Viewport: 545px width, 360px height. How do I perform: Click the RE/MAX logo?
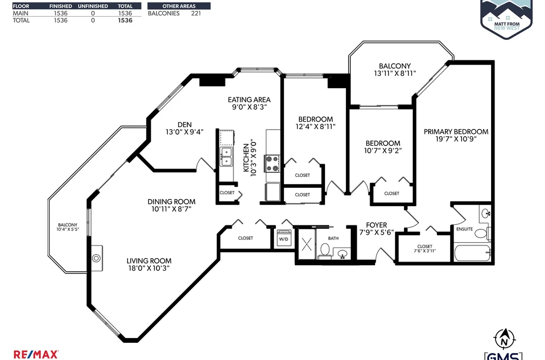pyautogui.click(x=36, y=355)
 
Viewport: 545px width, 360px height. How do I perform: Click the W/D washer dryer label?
pyautogui.click(x=284, y=239)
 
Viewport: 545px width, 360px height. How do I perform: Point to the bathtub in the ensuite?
pyautogui.click(x=473, y=253)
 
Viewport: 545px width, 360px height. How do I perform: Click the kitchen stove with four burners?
pyautogui.click(x=272, y=164)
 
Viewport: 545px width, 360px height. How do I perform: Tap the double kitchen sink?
pyautogui.click(x=226, y=157)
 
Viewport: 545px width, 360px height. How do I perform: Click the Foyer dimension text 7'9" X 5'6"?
pyautogui.click(x=377, y=232)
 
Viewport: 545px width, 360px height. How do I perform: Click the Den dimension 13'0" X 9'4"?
pyautogui.click(x=185, y=132)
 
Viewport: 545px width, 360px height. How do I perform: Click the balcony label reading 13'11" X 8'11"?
pyautogui.click(x=395, y=73)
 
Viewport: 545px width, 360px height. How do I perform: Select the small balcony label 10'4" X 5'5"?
pyautogui.click(x=68, y=229)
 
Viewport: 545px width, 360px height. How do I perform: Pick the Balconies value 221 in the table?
pyautogui.click(x=196, y=13)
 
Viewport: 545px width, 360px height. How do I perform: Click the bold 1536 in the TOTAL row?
pyautogui.click(x=125, y=20)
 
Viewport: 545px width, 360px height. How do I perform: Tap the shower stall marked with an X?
pyautogui.click(x=307, y=244)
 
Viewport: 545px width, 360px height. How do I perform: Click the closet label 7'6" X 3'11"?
pyautogui.click(x=424, y=251)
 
